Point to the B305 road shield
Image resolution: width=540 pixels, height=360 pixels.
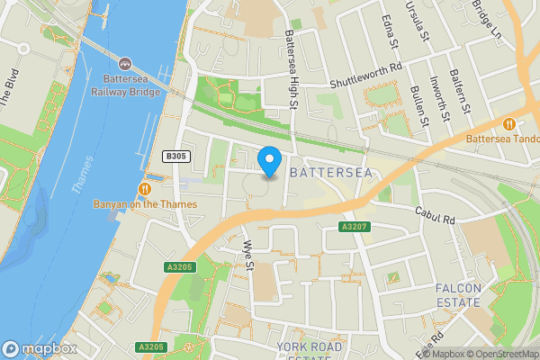click(175, 157)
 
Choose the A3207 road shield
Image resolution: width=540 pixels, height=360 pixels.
click(352, 226)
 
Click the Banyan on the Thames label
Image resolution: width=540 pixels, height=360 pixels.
click(144, 204)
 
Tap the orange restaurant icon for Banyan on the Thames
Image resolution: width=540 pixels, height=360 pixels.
click(144, 188)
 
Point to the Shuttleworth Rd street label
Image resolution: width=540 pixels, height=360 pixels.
click(365, 81)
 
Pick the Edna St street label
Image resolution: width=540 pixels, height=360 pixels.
click(390, 32)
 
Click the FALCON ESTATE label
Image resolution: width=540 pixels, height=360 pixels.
click(459, 295)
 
